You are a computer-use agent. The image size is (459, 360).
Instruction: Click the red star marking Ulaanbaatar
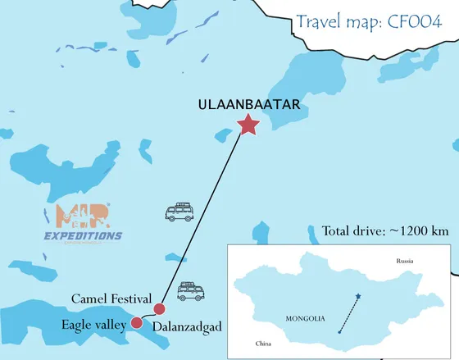coord(247,125)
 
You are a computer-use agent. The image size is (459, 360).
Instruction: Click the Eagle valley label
coord(93,326)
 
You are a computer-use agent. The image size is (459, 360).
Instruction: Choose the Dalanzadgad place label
coord(188,327)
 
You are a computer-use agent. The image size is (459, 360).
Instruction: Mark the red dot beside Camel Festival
coord(160,308)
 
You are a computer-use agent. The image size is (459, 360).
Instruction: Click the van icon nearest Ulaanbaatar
coord(180,213)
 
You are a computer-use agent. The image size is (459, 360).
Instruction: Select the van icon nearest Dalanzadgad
coord(192,291)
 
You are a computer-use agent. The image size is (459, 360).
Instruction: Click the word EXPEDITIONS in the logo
coord(81,236)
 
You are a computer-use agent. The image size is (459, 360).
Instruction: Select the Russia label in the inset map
coord(403,260)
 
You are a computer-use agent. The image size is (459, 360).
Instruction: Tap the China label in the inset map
coord(263,344)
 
